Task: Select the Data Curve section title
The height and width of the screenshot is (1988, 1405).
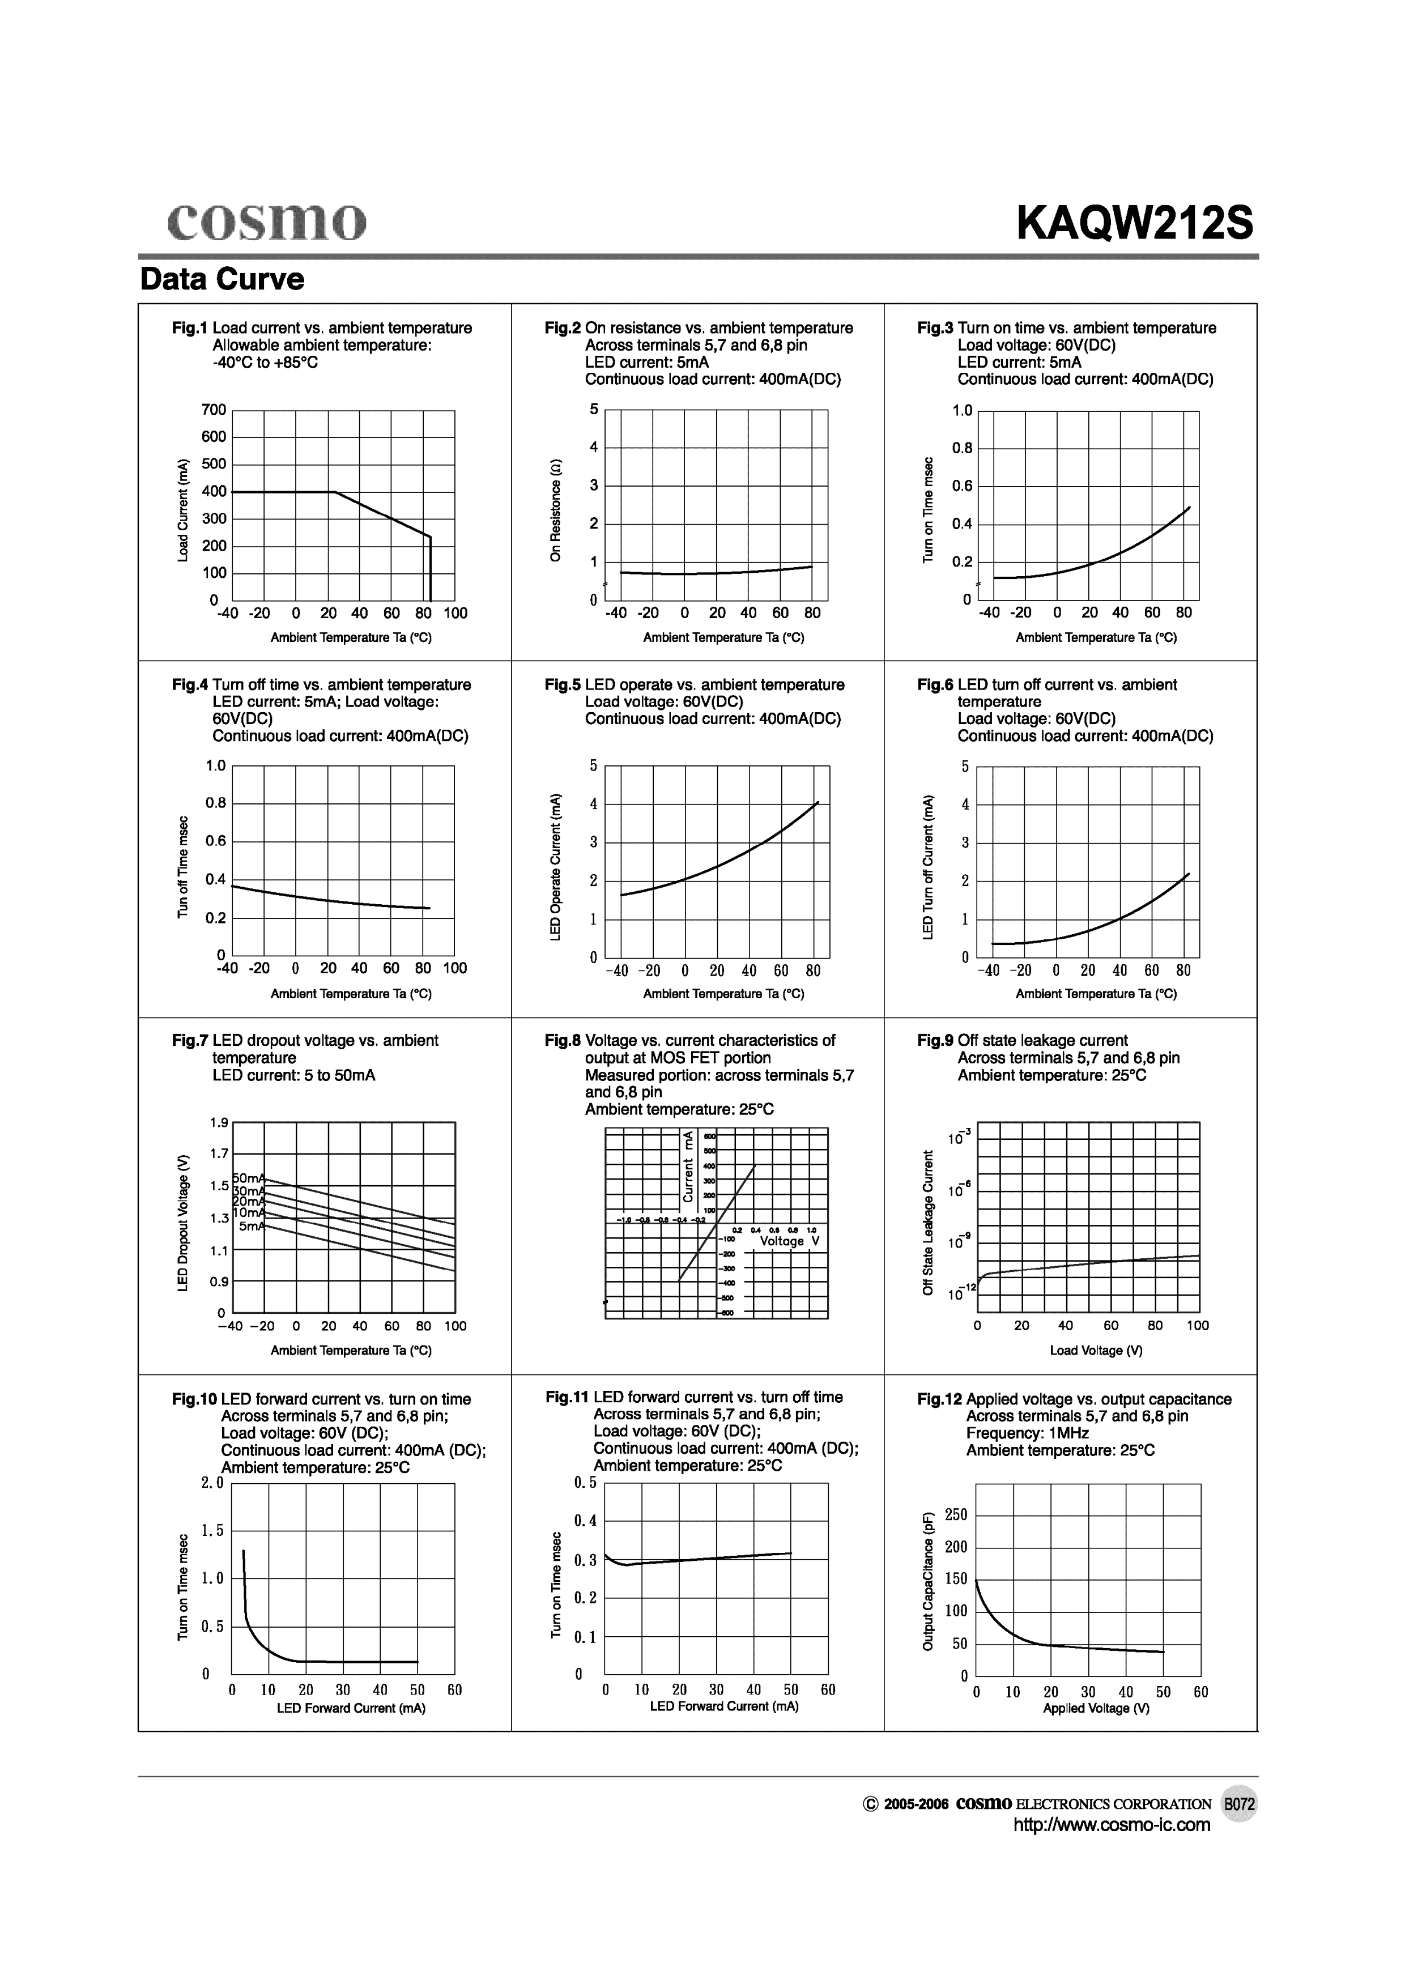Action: point(223,279)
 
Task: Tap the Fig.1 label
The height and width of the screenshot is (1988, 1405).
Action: point(190,328)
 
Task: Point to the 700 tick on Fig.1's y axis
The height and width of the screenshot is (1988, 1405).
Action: point(214,410)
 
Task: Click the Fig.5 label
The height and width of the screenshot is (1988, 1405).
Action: point(562,685)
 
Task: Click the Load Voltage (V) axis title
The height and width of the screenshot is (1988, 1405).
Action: point(1096,1350)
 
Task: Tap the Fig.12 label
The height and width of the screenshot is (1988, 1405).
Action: point(939,1399)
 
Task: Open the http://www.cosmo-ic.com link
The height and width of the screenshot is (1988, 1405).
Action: point(1112,1849)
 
